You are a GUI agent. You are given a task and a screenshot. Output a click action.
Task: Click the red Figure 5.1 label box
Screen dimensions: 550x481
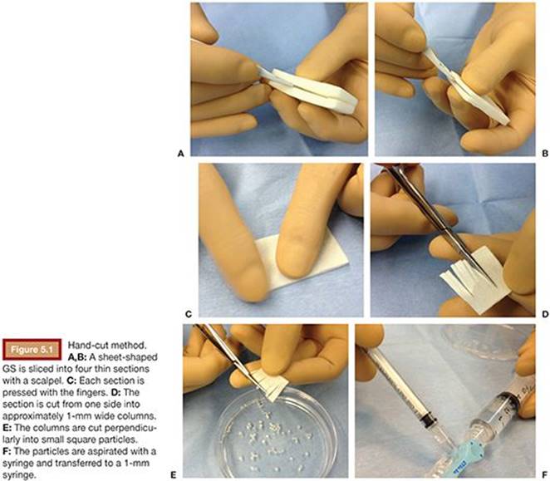click(x=32, y=350)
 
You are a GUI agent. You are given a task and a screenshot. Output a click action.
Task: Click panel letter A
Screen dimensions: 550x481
click(x=181, y=154)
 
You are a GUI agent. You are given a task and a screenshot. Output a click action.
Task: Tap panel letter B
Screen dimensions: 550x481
click(x=545, y=154)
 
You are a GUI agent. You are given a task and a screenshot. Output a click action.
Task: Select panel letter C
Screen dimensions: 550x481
click(x=189, y=314)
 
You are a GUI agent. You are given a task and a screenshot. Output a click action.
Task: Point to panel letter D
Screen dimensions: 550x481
click(x=545, y=314)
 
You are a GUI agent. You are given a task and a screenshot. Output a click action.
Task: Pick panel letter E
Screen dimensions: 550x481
click(x=173, y=475)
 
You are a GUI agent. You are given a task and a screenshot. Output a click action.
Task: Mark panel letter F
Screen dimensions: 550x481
click(x=545, y=475)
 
